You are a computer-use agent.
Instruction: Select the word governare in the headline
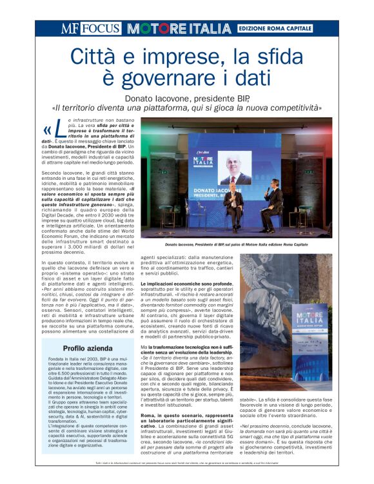tap(192, 79)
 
